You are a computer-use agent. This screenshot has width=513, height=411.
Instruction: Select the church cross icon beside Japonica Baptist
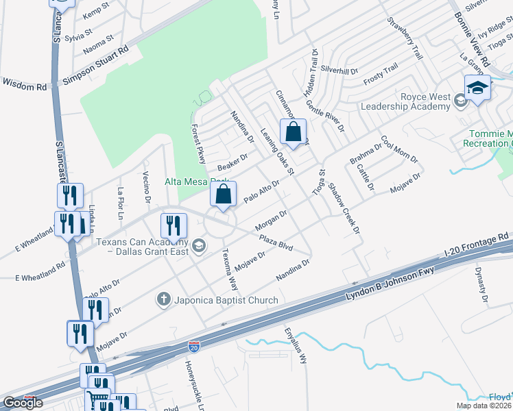click(163, 299)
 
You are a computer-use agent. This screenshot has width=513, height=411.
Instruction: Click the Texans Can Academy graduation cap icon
click(198, 246)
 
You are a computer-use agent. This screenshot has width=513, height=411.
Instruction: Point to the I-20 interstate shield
click(194, 347)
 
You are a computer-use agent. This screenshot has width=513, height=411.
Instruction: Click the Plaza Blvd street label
click(276, 243)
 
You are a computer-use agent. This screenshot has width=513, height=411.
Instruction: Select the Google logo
click(23, 403)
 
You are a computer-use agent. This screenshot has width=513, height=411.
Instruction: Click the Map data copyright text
click(484, 406)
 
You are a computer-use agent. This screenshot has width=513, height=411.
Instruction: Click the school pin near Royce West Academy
click(477, 88)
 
